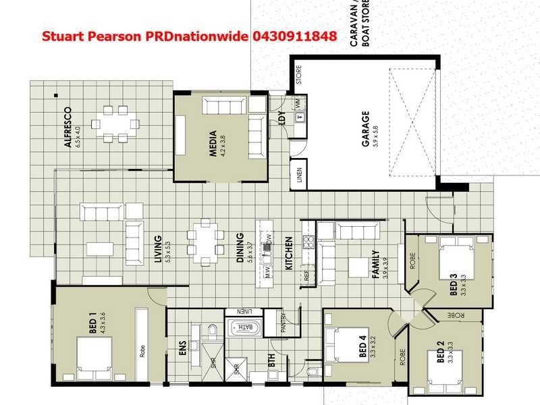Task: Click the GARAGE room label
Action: (x=365, y=126)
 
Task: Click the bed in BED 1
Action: (x=94, y=356)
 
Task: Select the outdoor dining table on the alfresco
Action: (x=116, y=124)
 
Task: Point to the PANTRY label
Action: (x=283, y=323)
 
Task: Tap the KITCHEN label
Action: (x=288, y=253)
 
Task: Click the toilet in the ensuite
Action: (x=211, y=330)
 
